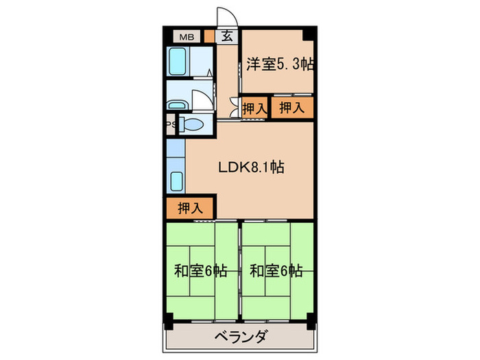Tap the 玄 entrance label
pyautogui.click(x=226, y=38)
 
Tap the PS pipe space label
pyautogui.click(x=169, y=124)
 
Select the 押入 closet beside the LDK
pyautogui.click(x=190, y=208)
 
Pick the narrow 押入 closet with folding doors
pyautogui.click(x=254, y=108)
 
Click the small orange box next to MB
pyautogui.click(x=208, y=37)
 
